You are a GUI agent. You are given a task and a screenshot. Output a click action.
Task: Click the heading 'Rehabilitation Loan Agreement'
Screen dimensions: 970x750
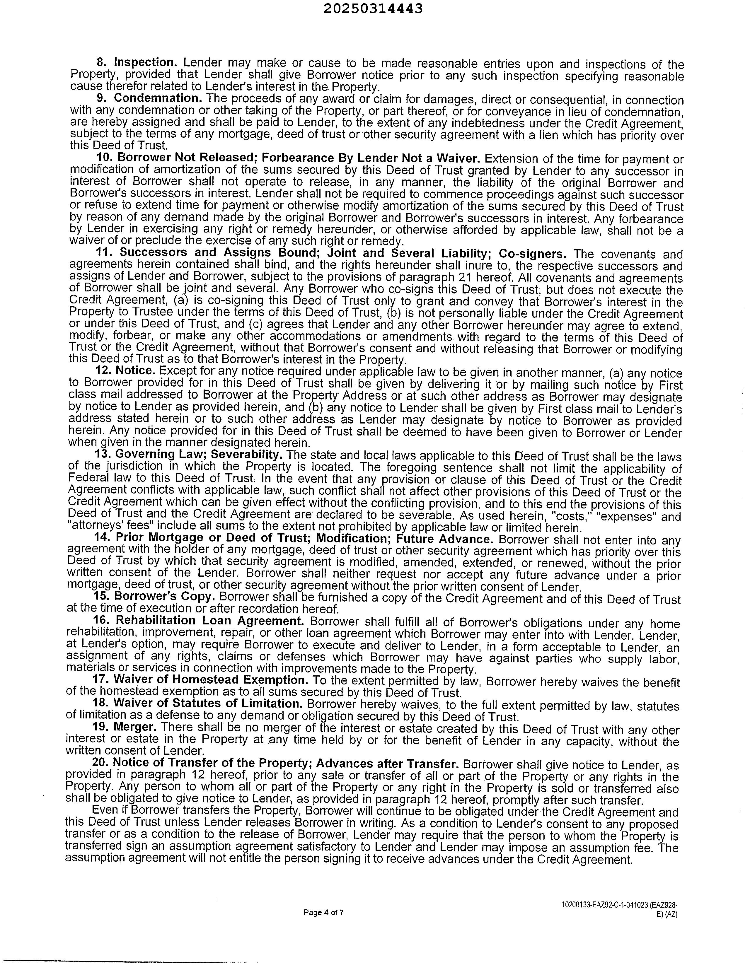(210, 621)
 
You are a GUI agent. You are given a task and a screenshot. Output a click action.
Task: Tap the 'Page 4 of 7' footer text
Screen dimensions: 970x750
(323, 913)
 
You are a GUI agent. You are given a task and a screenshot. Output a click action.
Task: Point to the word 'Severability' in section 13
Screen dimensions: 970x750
(246, 455)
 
